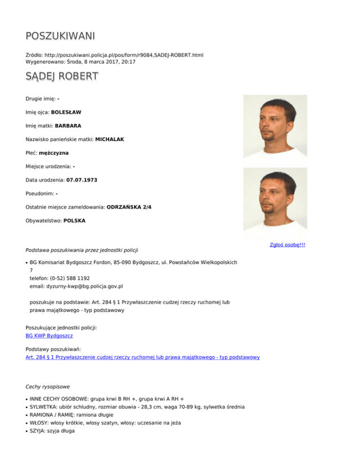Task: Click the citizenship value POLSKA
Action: click(74, 220)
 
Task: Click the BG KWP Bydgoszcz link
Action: click(49, 336)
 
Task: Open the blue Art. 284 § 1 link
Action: click(142, 357)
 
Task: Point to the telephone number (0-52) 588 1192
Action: click(70, 278)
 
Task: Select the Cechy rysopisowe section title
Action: click(48, 387)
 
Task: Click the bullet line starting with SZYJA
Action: click(49, 432)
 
